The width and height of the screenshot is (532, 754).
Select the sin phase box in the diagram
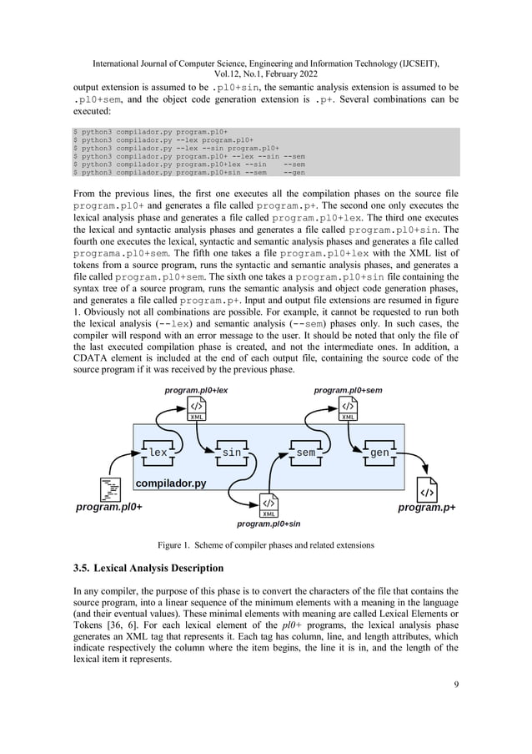point(231,452)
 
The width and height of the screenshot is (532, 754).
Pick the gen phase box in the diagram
point(379,452)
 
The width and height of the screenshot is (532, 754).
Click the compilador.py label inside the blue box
point(171,483)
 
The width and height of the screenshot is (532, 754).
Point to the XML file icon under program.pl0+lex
point(197,410)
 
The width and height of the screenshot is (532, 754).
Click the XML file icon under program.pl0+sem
point(349,410)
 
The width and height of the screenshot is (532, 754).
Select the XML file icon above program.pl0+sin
point(269,506)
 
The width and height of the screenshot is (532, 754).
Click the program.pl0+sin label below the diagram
point(269,524)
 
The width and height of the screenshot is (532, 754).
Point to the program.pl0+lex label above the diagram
point(197,390)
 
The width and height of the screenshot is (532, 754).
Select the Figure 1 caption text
point(265,544)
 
